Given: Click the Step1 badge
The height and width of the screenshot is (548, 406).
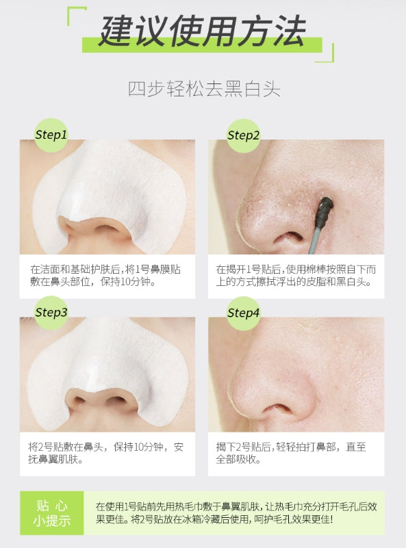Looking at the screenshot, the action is pos(51,135).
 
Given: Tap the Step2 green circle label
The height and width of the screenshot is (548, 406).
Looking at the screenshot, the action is pos(243,135).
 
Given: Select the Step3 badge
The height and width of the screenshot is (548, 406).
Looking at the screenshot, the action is pos(51,313).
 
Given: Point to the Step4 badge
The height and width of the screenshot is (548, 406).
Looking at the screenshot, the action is pos(243,313).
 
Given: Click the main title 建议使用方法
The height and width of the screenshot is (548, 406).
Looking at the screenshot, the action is pos(202,31).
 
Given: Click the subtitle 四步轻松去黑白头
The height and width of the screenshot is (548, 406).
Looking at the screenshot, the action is pos(204,89).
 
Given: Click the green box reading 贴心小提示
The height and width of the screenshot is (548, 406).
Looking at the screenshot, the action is pos(52,513).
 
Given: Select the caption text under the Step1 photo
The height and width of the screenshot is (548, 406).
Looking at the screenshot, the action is pos(105,276).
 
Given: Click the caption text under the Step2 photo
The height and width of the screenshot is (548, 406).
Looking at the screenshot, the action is pos(296,276).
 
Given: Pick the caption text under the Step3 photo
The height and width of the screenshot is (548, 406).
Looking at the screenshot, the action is pos(105,453).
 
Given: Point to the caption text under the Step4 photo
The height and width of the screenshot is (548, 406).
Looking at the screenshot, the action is pos(290,453).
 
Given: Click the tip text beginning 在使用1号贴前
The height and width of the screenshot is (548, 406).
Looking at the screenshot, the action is pos(236,513).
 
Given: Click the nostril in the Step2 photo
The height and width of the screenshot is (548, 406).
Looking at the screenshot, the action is pos(290,238).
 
